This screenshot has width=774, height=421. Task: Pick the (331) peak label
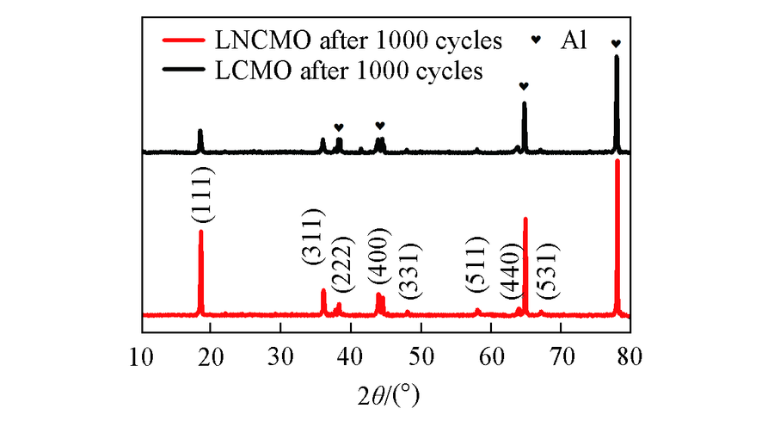[x=407, y=275]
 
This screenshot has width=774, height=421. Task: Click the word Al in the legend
[x=573, y=40]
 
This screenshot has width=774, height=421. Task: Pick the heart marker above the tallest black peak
[x=615, y=44]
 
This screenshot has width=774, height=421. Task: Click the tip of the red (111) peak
[x=201, y=231]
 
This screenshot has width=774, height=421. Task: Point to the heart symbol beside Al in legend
[x=536, y=40]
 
